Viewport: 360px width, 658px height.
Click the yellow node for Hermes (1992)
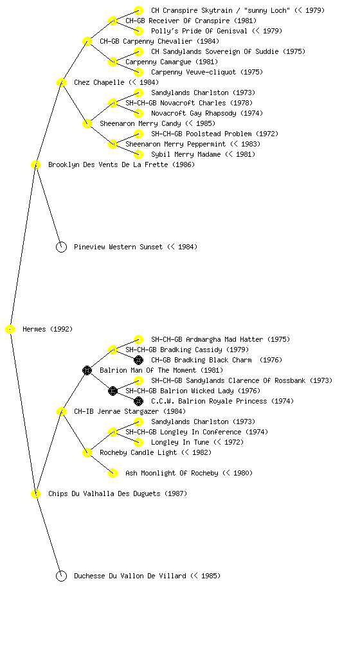coord(10,330)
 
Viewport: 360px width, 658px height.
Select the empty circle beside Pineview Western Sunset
coord(61,247)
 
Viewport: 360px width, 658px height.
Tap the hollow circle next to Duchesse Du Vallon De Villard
coord(61,576)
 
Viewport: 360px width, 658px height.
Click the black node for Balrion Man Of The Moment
coord(87,371)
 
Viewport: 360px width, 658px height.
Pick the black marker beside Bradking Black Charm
coord(138,360)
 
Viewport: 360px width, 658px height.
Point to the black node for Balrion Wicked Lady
coord(113,391)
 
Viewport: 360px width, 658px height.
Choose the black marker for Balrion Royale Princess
coord(138,401)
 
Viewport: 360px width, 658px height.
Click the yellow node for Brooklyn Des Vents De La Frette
coord(35,165)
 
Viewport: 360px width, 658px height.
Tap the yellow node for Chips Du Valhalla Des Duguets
coord(35,494)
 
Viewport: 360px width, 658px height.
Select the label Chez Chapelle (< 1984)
coord(116,82)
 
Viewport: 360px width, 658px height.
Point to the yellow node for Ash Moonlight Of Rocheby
coord(113,474)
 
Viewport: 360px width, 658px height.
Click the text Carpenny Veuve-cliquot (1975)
coord(207,72)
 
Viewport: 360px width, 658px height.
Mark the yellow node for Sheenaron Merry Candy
coord(87,124)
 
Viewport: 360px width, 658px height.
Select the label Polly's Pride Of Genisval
coord(199,31)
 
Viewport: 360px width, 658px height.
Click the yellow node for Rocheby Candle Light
coord(87,453)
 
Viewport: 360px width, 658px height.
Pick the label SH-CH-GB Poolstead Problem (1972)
coord(215,134)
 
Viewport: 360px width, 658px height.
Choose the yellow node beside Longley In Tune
coord(138,442)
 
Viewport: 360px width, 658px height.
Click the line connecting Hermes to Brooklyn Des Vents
coord(23,247)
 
